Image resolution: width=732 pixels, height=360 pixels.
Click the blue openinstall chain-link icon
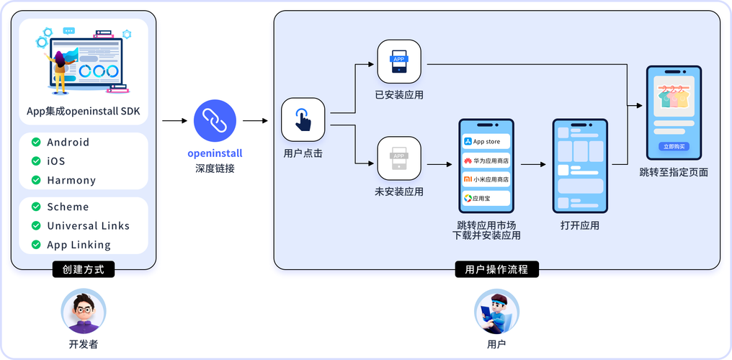[x=210, y=120]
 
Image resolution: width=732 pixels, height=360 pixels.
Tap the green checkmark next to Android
[x=36, y=143]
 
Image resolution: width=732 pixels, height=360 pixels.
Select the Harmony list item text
[x=71, y=180]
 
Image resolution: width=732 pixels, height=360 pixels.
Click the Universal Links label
[x=89, y=225]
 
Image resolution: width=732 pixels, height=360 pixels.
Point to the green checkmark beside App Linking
[x=36, y=245]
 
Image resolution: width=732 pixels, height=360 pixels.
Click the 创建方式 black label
[x=84, y=270]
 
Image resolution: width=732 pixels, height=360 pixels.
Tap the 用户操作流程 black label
[x=496, y=270]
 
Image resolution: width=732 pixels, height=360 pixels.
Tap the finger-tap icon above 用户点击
[x=303, y=120]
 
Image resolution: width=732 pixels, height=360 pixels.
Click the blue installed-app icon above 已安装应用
[x=399, y=62]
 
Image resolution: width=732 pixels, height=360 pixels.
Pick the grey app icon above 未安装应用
[x=399, y=158]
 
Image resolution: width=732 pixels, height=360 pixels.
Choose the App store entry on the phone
[x=486, y=142]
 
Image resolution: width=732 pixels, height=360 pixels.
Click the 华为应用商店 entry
[x=486, y=161]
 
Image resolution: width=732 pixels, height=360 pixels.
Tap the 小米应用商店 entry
[x=486, y=179]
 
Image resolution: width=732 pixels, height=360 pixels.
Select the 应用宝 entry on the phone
[x=486, y=198]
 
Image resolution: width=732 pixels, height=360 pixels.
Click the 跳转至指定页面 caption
[x=674, y=172]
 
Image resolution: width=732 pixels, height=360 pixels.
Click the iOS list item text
[x=56, y=161]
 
